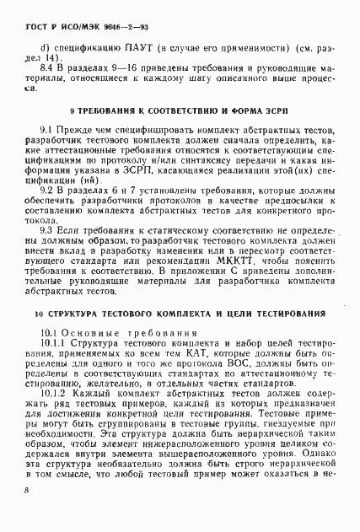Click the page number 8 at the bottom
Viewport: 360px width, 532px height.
coord(27,513)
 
